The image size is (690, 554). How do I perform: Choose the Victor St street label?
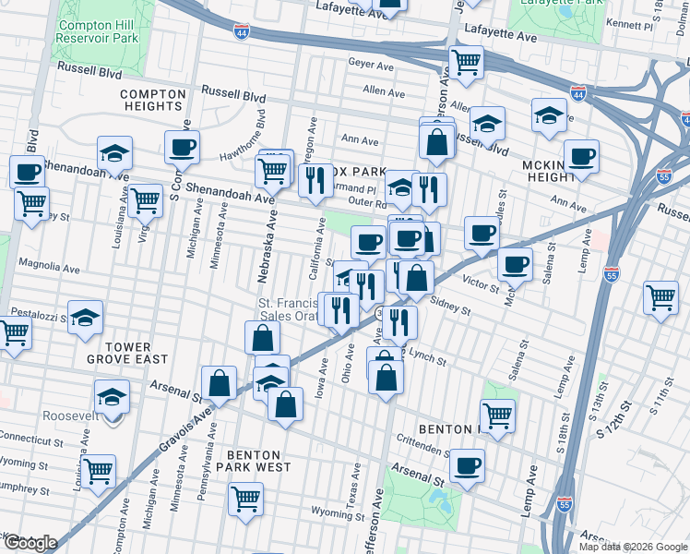(x=481, y=281)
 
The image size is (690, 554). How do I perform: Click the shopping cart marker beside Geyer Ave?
(x=466, y=63)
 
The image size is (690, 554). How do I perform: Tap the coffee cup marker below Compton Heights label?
(x=182, y=146)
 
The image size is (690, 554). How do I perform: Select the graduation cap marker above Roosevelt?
(x=112, y=396)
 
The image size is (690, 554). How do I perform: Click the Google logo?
(x=30, y=543)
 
